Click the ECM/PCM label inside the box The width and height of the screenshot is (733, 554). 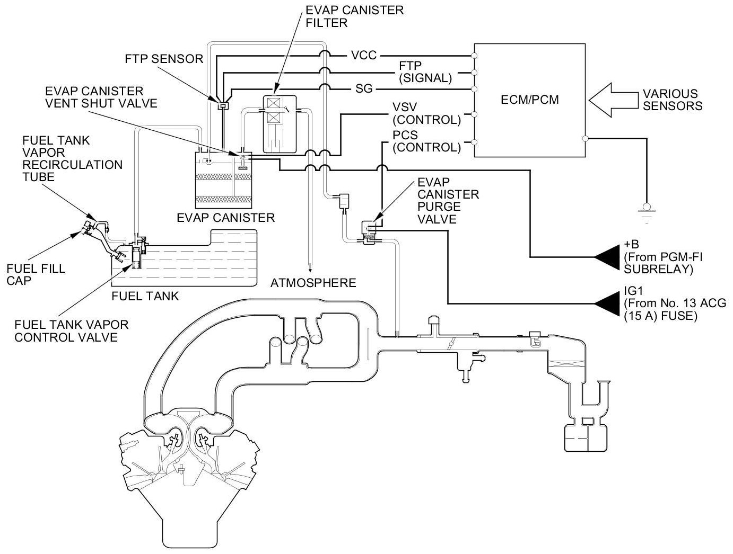[x=530, y=99]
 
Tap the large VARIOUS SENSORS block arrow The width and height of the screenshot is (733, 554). [x=610, y=99]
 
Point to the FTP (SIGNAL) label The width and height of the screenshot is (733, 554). [x=425, y=72]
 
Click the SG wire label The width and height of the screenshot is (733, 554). [x=364, y=88]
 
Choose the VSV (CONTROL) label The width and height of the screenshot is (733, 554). [x=426, y=113]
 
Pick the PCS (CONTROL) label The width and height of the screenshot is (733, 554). [x=426, y=141]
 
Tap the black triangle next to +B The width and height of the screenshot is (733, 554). [x=607, y=257]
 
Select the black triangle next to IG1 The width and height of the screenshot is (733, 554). [x=607, y=303]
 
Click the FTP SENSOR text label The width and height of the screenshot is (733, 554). [x=164, y=58]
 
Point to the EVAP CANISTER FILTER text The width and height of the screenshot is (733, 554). [x=354, y=16]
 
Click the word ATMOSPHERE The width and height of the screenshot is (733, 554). [x=313, y=283]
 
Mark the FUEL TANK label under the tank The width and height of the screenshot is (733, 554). [x=145, y=296]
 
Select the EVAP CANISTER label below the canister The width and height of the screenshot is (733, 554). [x=226, y=217]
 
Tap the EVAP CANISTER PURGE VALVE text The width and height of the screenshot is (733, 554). [x=448, y=200]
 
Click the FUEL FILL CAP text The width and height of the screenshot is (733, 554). [x=36, y=274]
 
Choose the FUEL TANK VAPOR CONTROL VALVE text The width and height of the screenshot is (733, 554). [x=71, y=330]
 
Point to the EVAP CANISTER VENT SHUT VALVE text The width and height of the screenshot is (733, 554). [x=101, y=97]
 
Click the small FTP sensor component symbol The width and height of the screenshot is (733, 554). [x=223, y=105]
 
